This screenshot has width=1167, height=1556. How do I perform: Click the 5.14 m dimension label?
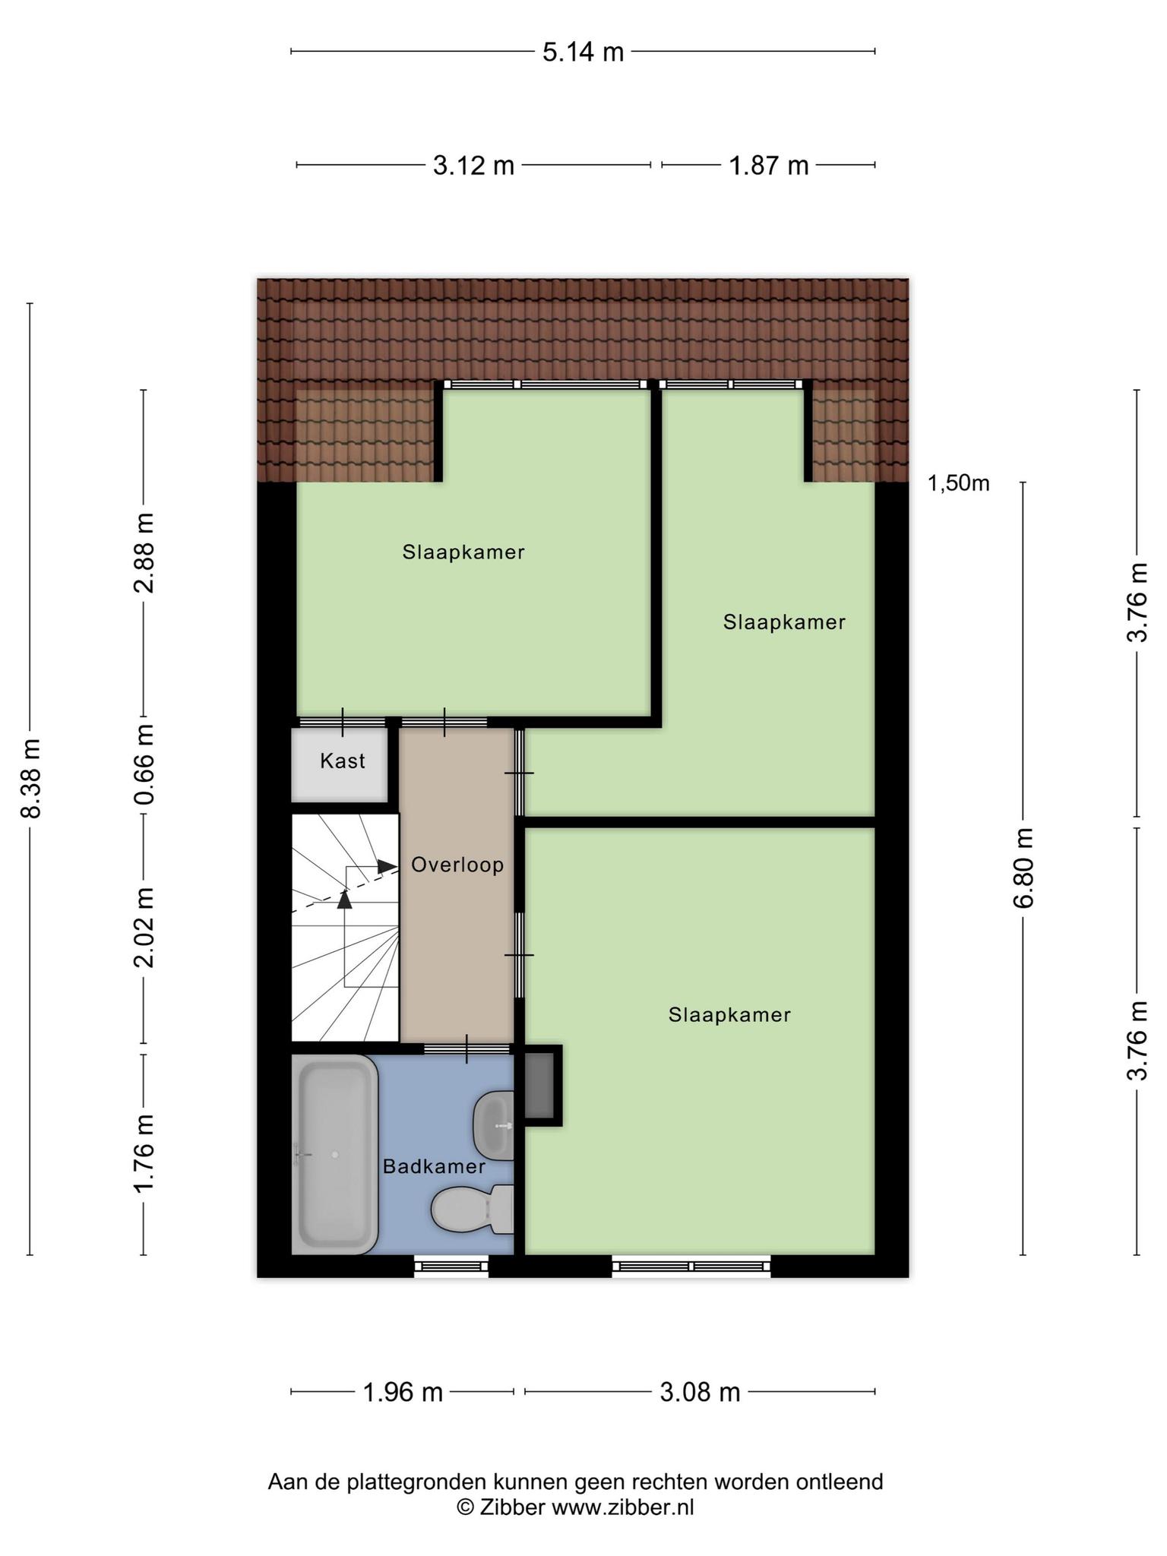[583, 52]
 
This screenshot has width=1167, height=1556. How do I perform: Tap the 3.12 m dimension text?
[473, 165]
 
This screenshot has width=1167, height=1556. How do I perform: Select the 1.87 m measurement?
[769, 165]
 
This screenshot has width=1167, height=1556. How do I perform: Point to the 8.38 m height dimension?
[30, 778]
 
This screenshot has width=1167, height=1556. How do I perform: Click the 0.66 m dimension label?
[144, 764]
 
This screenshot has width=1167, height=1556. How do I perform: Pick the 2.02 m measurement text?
[144, 927]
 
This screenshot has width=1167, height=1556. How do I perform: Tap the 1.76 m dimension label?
[144, 1153]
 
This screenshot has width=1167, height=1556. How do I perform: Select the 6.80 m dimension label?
[1023, 868]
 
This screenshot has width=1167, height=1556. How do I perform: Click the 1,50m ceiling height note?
[958, 483]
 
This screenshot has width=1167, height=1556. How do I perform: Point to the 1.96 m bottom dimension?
[403, 1392]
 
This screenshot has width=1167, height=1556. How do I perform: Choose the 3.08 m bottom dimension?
[700, 1392]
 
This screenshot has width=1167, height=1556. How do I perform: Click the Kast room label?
[343, 761]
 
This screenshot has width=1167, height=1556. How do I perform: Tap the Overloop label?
[457, 865]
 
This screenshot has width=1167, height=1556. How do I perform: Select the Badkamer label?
[434, 1166]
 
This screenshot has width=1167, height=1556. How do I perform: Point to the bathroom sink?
[494, 1125]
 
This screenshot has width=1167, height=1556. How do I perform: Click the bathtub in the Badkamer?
[335, 1154]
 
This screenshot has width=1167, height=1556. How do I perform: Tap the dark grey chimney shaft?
[540, 1085]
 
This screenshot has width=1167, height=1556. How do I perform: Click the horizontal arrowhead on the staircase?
[387, 866]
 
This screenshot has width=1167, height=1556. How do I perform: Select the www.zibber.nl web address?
[622, 1507]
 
